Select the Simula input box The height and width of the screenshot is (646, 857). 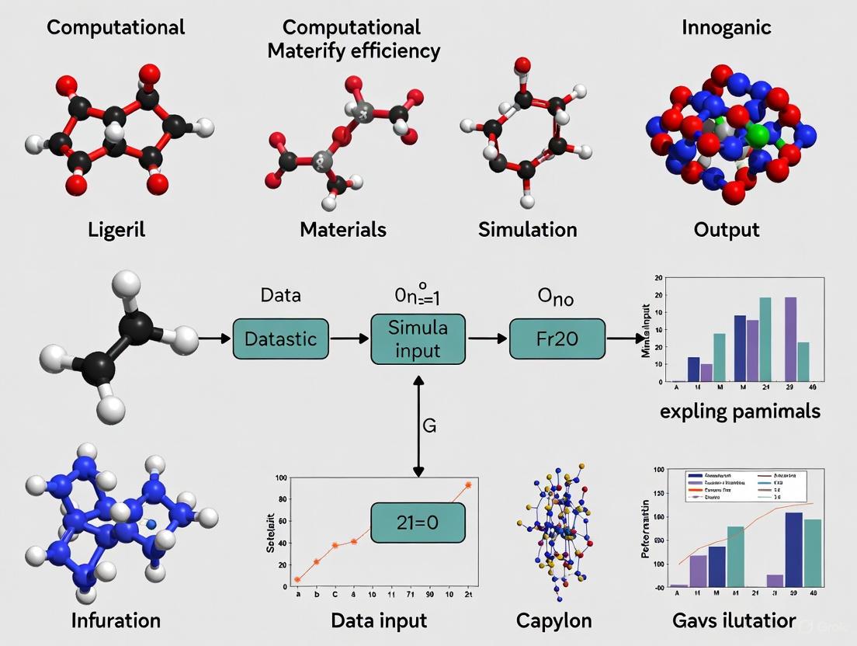418,339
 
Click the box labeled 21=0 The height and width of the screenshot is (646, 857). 418,522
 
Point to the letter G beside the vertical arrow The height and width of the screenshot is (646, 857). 428,425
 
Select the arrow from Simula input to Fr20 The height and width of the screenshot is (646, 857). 487,339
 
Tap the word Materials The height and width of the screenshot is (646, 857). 342,229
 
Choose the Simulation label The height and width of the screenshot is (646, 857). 527,229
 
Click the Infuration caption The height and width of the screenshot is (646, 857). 116,620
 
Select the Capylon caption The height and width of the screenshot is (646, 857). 553,620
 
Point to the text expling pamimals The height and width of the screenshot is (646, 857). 739,410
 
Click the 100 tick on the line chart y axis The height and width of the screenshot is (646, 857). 279,477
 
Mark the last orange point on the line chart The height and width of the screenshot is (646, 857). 468,484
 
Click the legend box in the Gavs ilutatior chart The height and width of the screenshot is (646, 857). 743,484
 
